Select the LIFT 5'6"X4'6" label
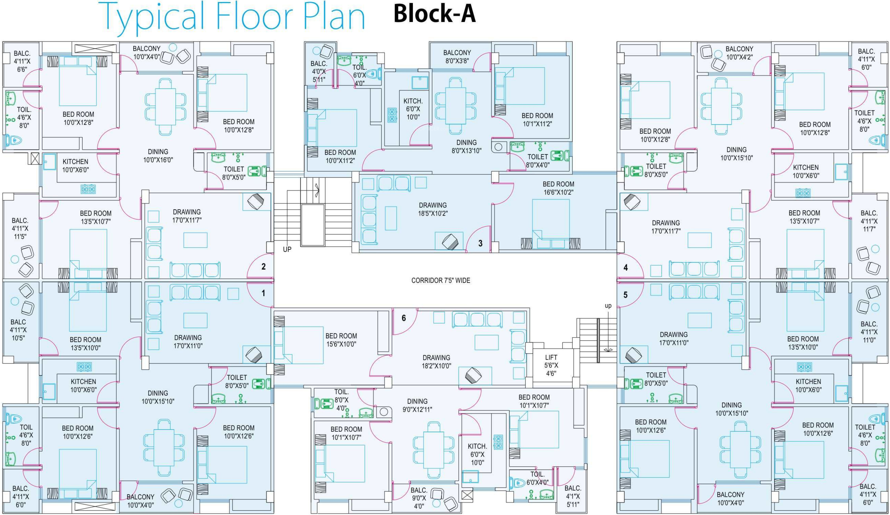(x=551, y=365)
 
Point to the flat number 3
(x=480, y=243)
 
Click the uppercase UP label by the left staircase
(x=287, y=249)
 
